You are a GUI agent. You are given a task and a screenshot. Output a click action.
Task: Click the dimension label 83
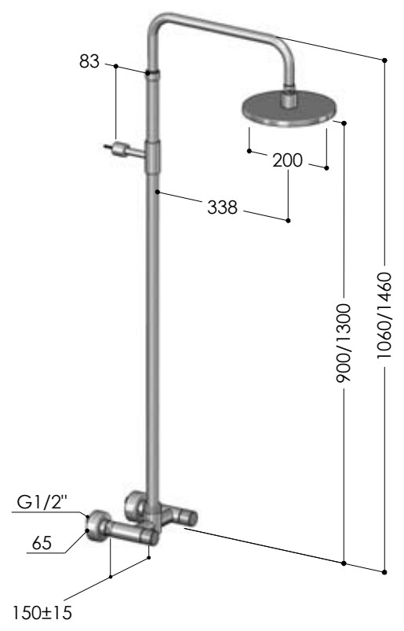(89, 61)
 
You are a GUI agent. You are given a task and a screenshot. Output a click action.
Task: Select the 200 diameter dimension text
(288, 160)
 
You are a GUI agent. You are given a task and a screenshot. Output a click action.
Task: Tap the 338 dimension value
(222, 207)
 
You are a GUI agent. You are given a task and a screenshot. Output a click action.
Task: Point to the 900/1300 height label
(344, 343)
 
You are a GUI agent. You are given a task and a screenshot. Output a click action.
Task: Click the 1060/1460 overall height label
(384, 316)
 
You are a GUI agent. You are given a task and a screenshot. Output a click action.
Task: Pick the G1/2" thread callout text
(42, 502)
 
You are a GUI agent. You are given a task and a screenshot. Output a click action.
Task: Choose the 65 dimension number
(42, 543)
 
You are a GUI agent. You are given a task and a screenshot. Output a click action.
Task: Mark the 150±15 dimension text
(42, 613)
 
